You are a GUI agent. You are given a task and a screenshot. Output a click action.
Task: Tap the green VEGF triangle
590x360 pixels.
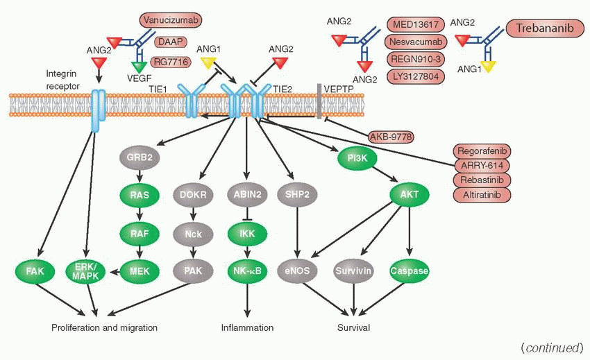click(x=141, y=67)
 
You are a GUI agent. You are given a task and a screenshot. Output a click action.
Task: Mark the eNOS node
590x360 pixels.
click(x=297, y=270)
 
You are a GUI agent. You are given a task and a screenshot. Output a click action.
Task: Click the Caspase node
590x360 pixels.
click(x=410, y=270)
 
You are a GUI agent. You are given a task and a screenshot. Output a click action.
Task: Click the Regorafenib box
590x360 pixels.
click(x=482, y=151)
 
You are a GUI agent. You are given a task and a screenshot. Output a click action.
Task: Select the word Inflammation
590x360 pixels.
click(x=247, y=327)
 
